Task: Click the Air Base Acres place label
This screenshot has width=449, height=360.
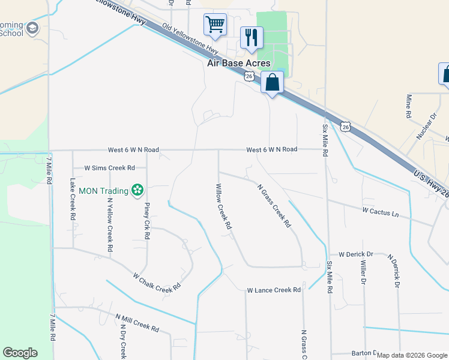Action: [238, 63]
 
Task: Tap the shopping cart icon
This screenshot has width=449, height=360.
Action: [215, 25]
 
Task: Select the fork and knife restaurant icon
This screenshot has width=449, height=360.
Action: [251, 37]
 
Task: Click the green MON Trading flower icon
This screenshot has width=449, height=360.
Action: [137, 191]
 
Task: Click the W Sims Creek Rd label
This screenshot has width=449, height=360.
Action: [109, 169]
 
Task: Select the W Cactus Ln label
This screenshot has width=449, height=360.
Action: [380, 212]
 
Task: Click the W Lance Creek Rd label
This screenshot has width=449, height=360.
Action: [274, 290]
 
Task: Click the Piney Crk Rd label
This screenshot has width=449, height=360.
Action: [146, 220]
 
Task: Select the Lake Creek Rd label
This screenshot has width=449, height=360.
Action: [73, 198]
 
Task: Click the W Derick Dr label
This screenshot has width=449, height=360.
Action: [355, 254]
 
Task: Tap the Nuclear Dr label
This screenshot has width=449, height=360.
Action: [426, 125]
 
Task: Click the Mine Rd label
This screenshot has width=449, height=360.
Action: [409, 106]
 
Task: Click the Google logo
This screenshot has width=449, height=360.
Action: [20, 353]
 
